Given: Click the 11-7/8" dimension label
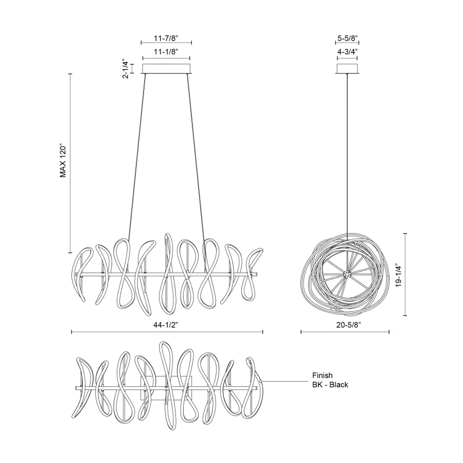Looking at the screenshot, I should point(166,38).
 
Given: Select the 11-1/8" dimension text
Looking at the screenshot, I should point(166,52).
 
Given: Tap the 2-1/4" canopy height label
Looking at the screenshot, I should point(125,68).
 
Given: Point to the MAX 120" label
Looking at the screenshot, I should point(63,160).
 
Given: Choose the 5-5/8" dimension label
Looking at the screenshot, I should point(347,38).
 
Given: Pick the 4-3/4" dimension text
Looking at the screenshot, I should point(347,52).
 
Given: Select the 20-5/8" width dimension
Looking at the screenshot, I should point(345,325).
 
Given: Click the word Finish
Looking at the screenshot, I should point(323,376).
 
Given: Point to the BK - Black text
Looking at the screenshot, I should point(330,385).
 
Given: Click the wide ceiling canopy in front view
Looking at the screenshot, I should point(166,69).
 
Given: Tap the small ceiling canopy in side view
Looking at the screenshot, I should point(347,69).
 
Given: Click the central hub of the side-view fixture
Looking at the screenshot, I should point(347,274).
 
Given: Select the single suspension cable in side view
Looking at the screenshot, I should point(347,154).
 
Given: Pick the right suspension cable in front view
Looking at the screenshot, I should point(196,154).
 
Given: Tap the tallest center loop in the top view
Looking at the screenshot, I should point(166,350).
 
